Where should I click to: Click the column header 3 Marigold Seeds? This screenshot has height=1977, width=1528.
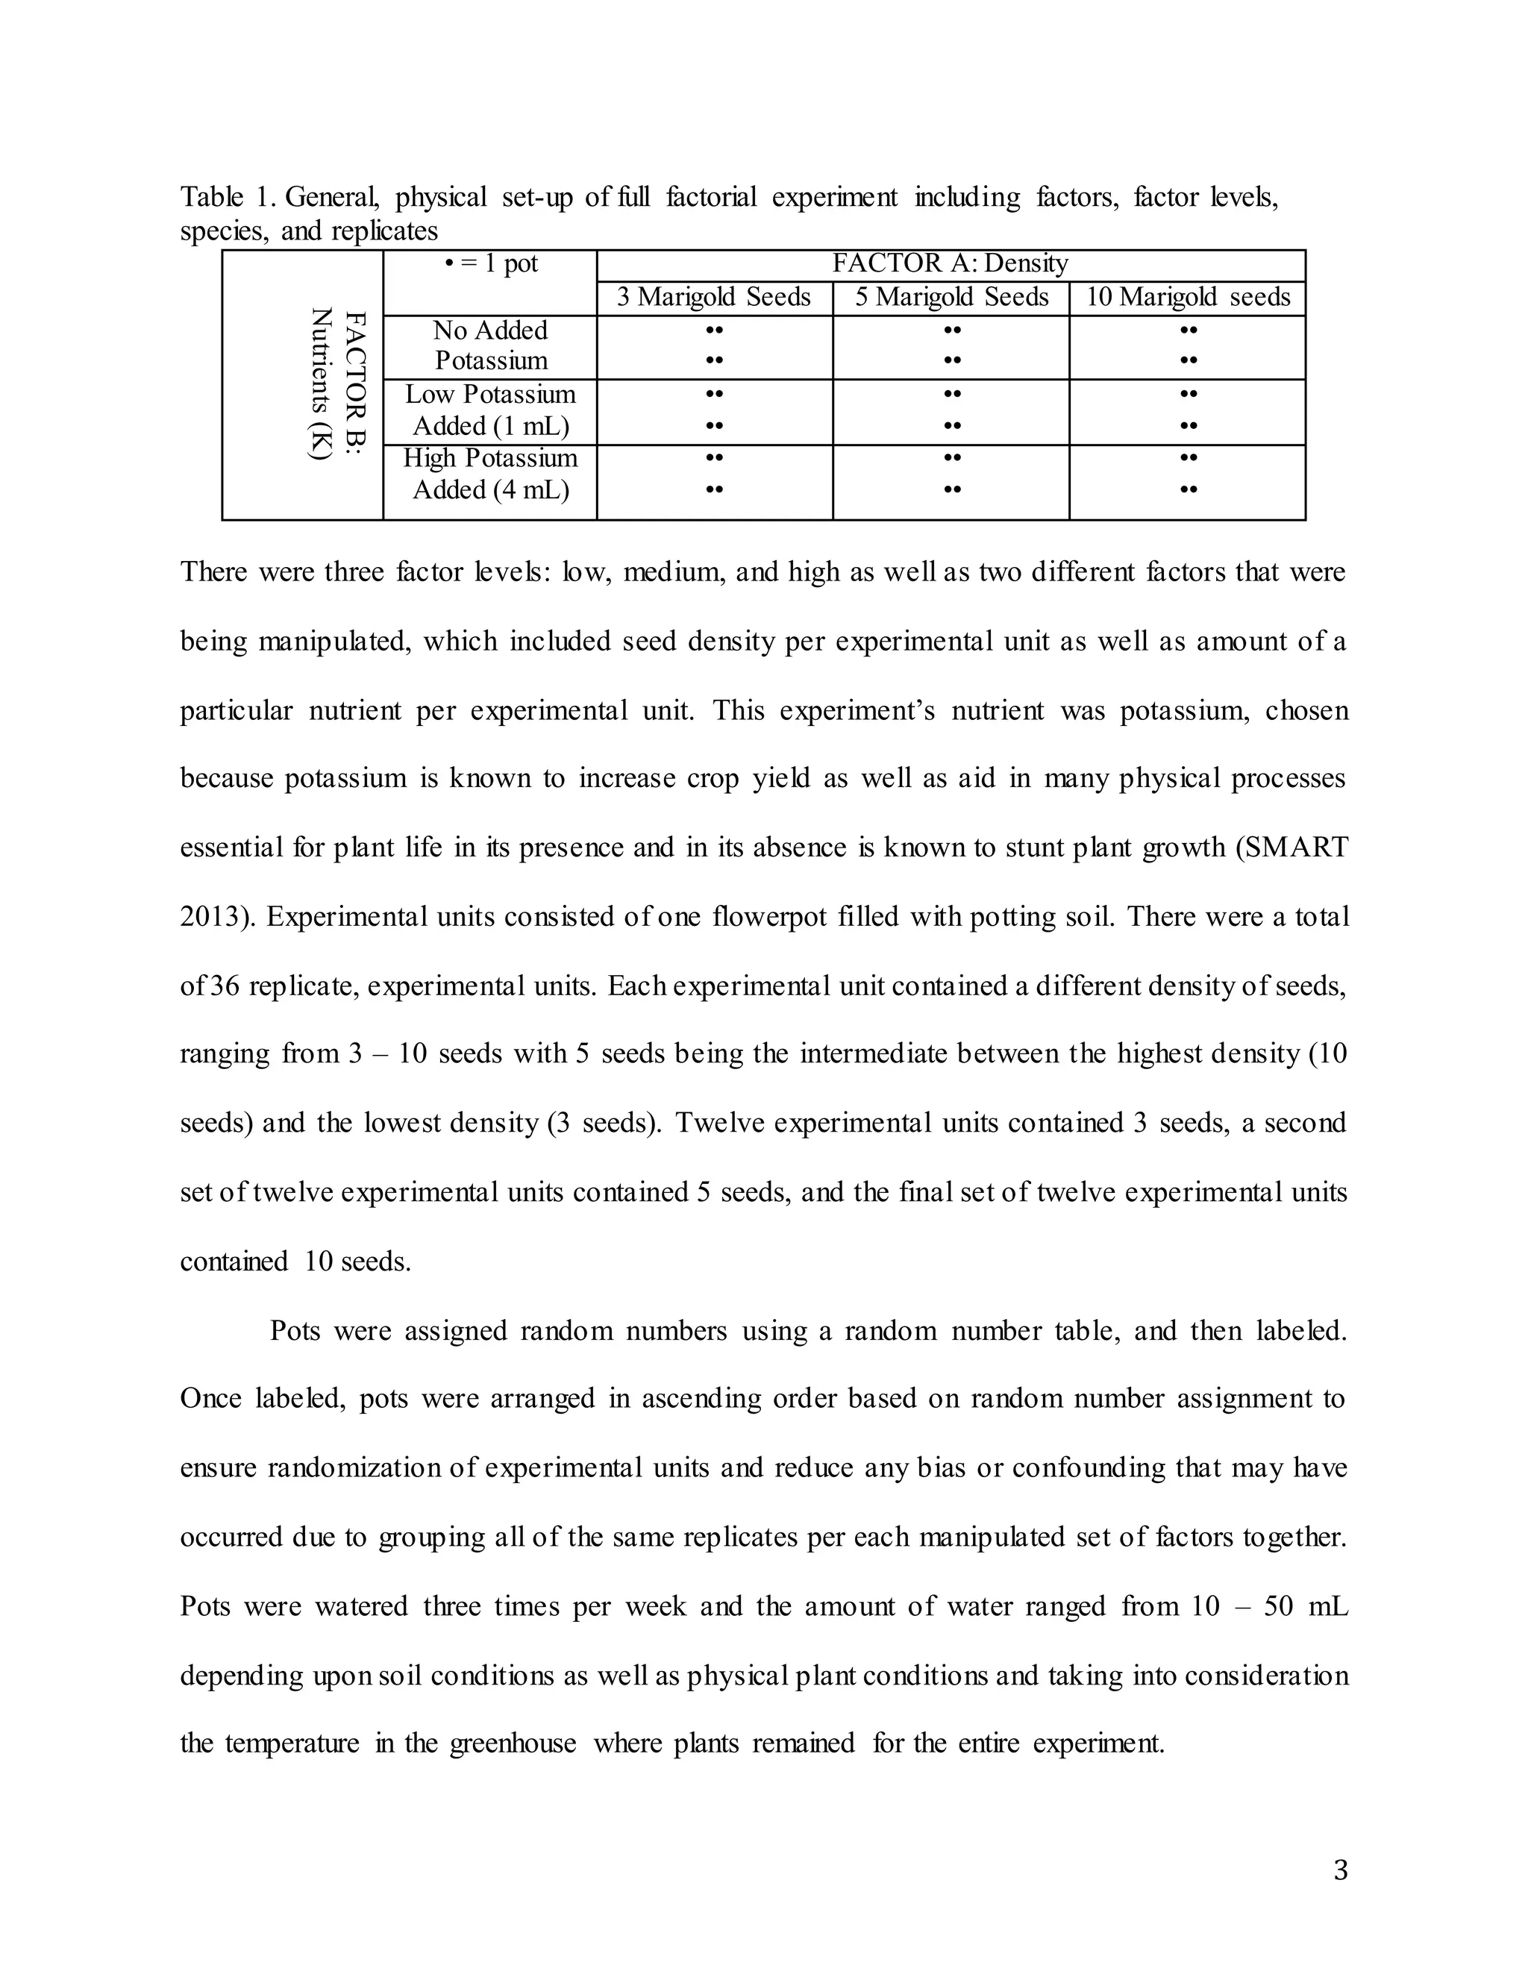713,298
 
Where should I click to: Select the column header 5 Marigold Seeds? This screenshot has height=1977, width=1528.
951,298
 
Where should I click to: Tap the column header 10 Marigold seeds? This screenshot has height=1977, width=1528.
1188,298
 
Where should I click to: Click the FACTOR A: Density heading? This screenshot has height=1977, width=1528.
951,264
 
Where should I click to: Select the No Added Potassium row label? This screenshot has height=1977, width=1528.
491,346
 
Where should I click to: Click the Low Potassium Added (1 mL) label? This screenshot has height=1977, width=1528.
491,410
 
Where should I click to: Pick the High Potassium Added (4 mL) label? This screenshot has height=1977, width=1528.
491,474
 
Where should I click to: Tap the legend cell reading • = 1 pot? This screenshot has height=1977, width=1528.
491,264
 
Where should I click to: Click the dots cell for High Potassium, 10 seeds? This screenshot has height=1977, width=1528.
1189,474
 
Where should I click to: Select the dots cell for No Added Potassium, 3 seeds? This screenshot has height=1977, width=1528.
714,346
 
